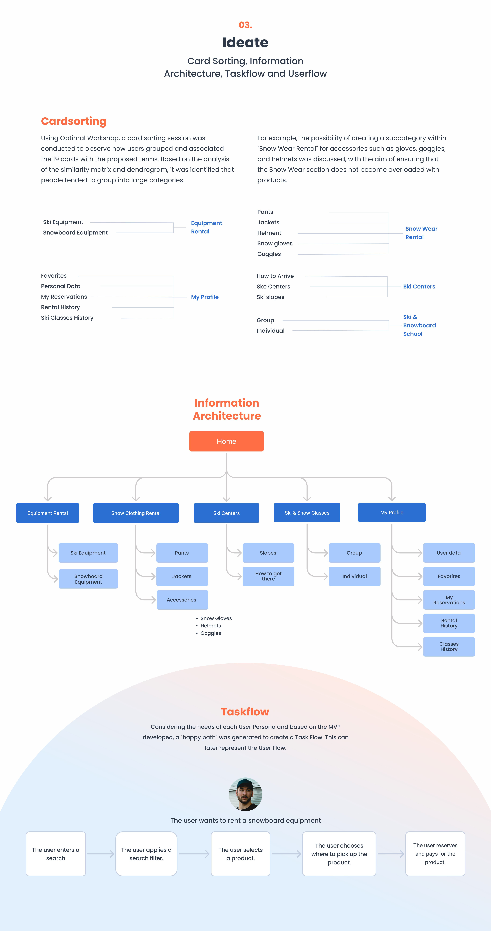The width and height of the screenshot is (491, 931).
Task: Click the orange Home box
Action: (226, 441)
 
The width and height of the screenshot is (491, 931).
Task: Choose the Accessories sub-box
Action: (182, 600)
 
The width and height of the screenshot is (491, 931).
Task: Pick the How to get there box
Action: (268, 576)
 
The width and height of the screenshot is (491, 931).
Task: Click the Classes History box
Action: (449, 647)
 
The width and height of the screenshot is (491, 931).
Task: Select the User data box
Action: (449, 553)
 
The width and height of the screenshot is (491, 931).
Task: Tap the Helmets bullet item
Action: (210, 626)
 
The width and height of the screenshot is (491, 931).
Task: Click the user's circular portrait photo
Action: (245, 794)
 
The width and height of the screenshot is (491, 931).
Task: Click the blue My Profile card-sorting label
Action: (205, 297)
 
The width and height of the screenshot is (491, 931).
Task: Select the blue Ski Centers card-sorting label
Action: (419, 287)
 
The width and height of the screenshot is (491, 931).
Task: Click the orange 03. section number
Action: (245, 25)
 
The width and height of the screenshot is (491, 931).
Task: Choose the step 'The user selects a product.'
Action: (240, 854)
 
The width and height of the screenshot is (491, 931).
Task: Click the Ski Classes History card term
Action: (67, 318)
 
